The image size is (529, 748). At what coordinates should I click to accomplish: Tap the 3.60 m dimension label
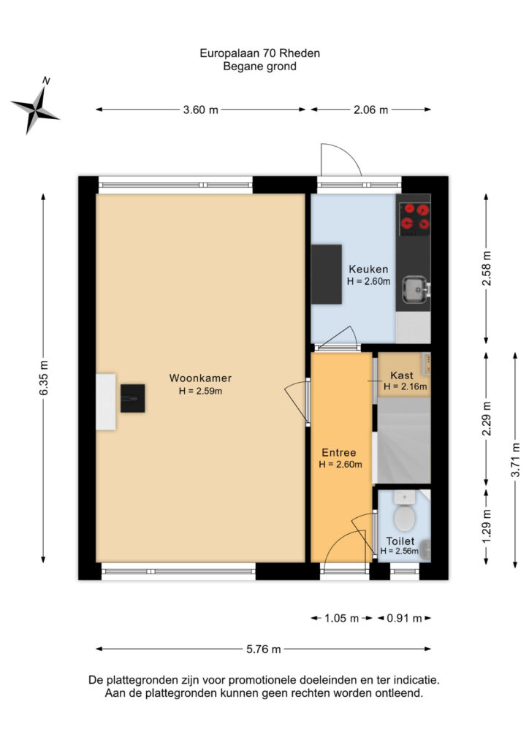201,110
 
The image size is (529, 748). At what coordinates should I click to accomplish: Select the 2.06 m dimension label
370,110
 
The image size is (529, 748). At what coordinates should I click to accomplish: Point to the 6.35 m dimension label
43,378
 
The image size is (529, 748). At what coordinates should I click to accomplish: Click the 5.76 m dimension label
264,649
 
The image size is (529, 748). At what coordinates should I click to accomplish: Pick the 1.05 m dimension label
341,618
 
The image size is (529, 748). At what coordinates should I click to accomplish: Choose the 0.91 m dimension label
404,618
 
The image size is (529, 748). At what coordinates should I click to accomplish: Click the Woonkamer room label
200,378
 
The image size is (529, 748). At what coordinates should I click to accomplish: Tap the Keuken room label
368,269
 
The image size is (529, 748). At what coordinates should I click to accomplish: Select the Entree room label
339,453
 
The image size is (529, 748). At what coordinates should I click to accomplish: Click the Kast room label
402,375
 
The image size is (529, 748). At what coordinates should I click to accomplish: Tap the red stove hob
414,217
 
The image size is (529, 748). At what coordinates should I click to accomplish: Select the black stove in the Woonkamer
132,398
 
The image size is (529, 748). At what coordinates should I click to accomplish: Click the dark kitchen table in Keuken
327,275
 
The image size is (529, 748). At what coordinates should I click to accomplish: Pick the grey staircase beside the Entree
403,440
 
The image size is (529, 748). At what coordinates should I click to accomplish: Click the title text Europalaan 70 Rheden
259,53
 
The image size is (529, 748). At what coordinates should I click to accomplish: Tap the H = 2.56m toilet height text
399,552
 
